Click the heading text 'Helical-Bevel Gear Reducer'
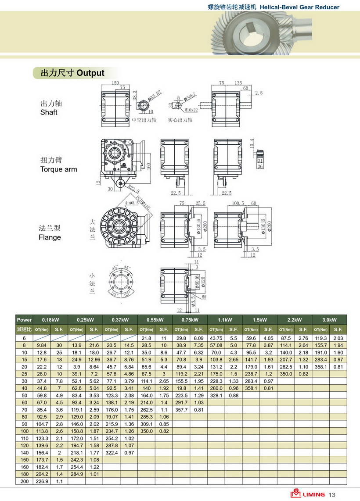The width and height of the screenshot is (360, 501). click(299, 7)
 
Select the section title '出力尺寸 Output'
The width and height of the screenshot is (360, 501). click(72, 73)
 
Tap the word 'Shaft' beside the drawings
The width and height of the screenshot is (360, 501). click(49, 112)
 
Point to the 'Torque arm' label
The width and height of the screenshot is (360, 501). click(58, 169)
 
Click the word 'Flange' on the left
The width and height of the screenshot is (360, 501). click(50, 237)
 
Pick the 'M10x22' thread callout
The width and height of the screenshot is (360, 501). click(188, 110)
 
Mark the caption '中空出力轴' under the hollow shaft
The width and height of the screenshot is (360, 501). click(144, 120)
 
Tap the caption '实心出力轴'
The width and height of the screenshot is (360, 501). click(180, 120)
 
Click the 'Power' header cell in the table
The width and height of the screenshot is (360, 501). click(24, 320)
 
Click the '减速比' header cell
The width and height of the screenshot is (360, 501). click(24, 329)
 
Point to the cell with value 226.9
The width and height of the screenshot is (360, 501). click(42, 481)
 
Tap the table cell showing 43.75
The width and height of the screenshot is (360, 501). click(216, 338)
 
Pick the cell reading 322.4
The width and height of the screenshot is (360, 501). click(112, 452)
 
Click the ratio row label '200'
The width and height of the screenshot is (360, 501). click(24, 481)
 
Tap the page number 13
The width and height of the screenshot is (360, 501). click(332, 494)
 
